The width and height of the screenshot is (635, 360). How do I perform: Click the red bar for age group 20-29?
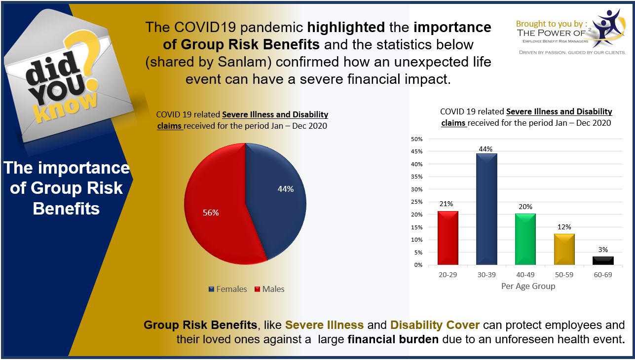(x=448, y=238)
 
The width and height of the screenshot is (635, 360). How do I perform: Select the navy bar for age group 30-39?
(x=486, y=209)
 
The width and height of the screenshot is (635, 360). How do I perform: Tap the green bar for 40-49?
(x=525, y=239)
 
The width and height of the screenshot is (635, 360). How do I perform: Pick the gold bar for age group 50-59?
(x=564, y=249)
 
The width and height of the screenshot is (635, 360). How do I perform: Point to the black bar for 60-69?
(x=603, y=260)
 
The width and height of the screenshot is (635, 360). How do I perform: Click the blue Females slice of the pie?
(x=276, y=197)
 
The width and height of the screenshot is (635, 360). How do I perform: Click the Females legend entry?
(x=228, y=289)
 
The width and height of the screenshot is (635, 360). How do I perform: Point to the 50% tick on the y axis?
(x=417, y=139)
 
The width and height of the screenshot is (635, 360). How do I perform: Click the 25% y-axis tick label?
(x=417, y=202)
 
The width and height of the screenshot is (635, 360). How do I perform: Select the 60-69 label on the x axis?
(x=603, y=275)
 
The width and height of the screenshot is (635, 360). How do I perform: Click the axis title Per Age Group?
(x=528, y=286)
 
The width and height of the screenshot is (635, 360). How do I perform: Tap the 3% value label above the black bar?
(x=603, y=250)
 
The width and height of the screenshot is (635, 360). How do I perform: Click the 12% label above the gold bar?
(x=564, y=227)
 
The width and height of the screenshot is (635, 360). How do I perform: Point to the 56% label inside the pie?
(x=211, y=213)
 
